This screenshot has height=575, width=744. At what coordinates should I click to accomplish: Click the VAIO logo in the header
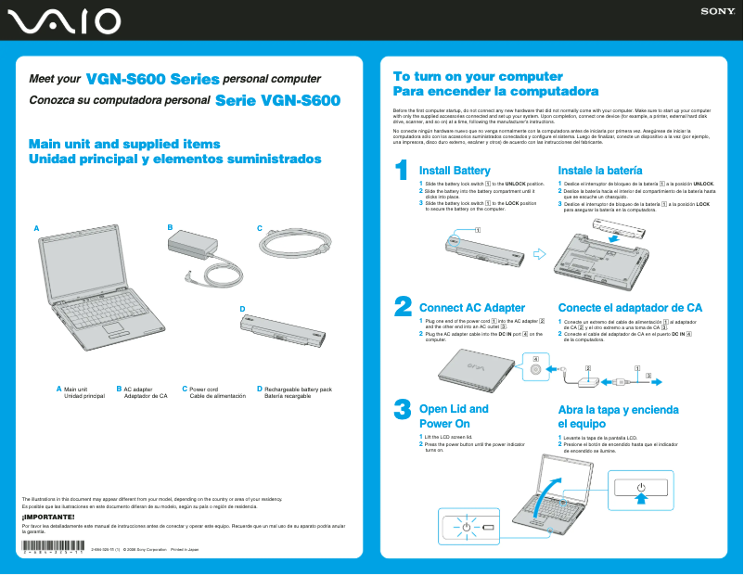pyautogui.click(x=60, y=20)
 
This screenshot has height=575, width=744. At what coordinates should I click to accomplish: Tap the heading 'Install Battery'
pyautogui.click(x=455, y=171)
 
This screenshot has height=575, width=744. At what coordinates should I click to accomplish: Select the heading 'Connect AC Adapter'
pyautogui.click(x=472, y=307)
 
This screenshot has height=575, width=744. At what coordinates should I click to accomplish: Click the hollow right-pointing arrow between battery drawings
pyautogui.click(x=541, y=252)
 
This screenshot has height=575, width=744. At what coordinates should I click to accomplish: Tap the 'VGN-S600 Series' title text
pyautogui.click(x=152, y=80)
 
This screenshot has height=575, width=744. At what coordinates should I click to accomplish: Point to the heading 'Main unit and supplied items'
pyautogui.click(x=124, y=144)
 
